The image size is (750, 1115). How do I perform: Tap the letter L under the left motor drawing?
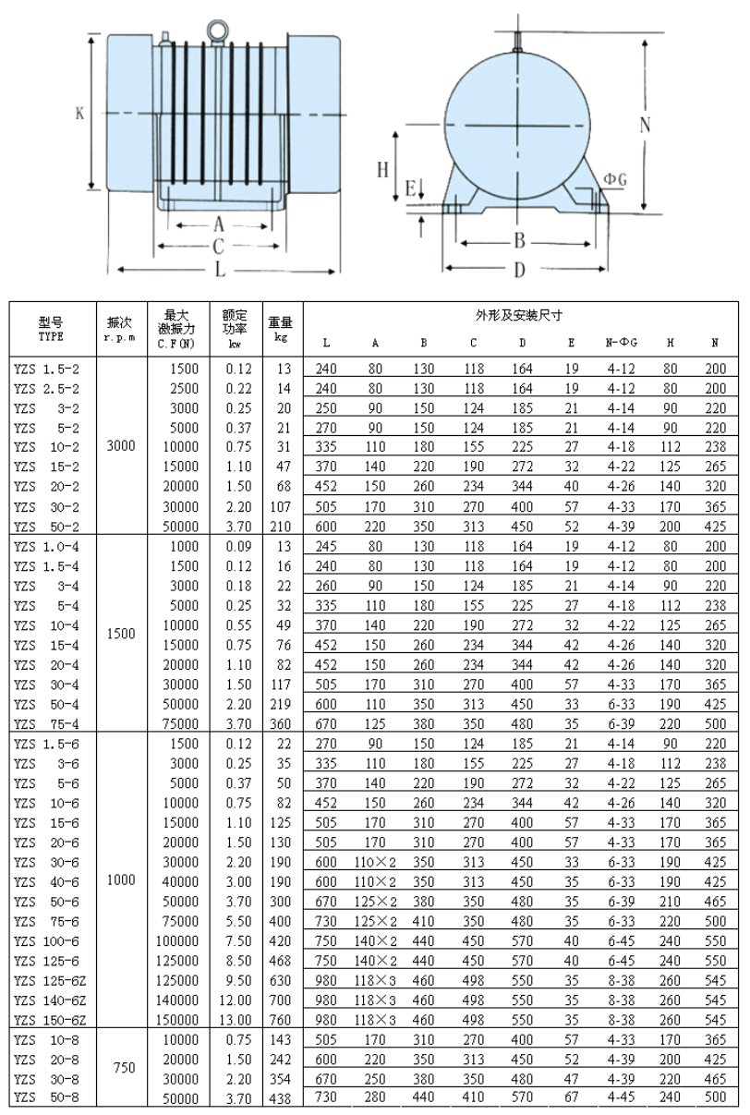[x=219, y=270]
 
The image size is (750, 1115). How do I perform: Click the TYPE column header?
[x=51, y=337]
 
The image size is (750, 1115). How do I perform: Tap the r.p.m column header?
[x=121, y=337]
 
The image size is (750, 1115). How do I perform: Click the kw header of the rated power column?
[x=235, y=344]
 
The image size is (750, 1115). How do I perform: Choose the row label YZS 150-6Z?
[x=54, y=1020]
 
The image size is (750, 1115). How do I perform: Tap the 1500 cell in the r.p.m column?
[x=121, y=635]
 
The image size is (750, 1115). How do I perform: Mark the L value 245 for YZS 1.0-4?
[x=327, y=547]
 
